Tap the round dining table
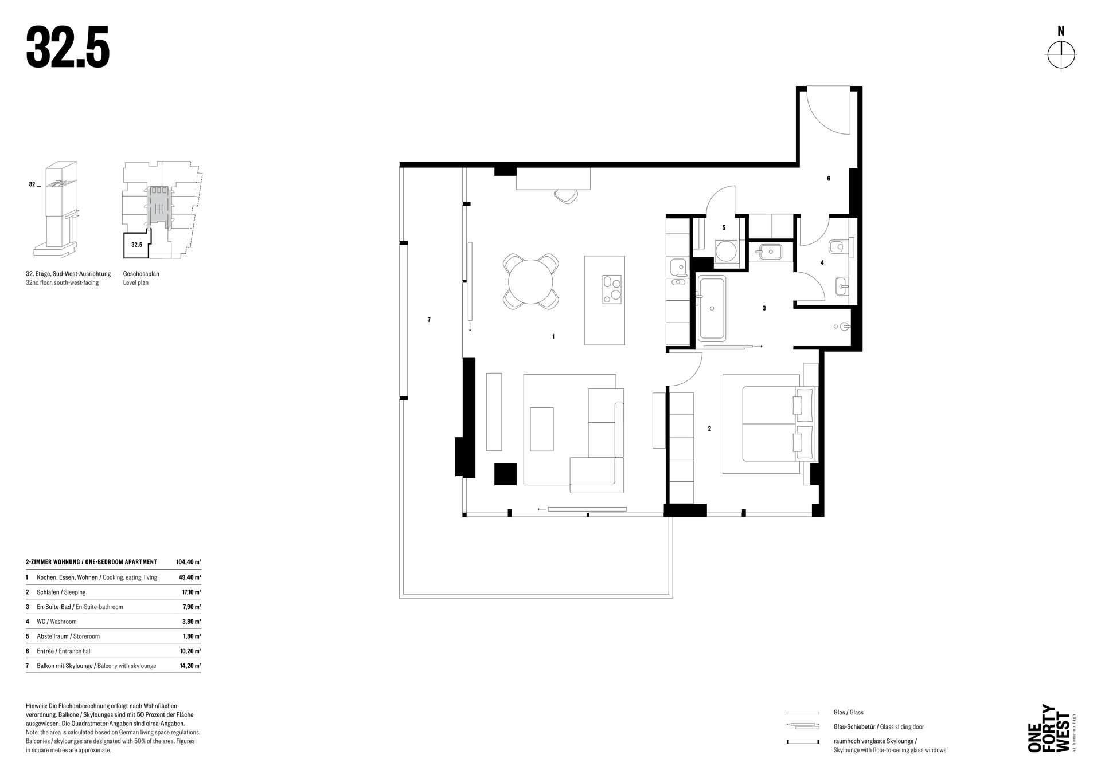(x=531, y=281)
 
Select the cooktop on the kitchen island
(x=612, y=290)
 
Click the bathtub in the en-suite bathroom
(x=712, y=308)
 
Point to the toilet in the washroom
(x=838, y=247)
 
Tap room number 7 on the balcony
(x=429, y=320)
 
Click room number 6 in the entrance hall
(x=829, y=179)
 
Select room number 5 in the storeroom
(x=724, y=227)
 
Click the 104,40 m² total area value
(x=189, y=562)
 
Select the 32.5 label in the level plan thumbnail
(x=136, y=245)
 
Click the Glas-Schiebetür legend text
(x=854, y=727)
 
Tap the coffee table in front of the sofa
(x=542, y=429)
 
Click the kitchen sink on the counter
(x=678, y=266)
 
